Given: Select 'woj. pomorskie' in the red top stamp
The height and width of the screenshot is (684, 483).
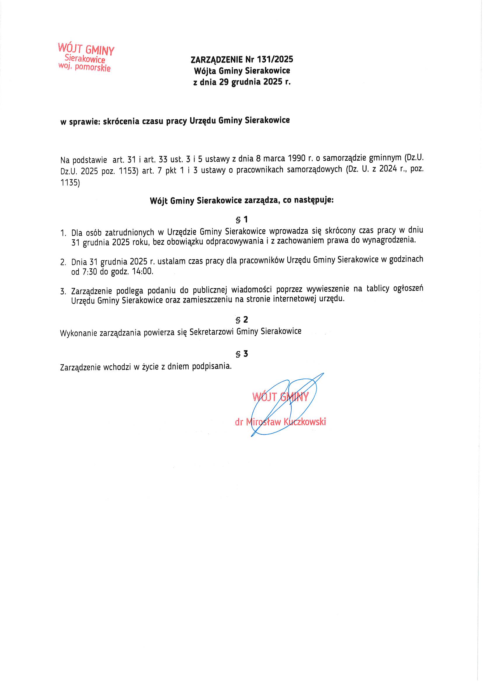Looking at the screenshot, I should click(84, 67).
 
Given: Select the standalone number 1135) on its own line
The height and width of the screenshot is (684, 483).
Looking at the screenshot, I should click(70, 183).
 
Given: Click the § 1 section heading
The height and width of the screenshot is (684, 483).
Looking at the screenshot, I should click(241, 220).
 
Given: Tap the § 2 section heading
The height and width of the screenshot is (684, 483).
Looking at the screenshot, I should click(241, 320).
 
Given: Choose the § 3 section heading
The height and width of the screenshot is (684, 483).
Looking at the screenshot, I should click(241, 354).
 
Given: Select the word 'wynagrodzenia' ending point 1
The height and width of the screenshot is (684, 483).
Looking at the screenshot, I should click(388, 240).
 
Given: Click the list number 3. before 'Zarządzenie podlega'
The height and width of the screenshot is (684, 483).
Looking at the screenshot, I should click(63, 292).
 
